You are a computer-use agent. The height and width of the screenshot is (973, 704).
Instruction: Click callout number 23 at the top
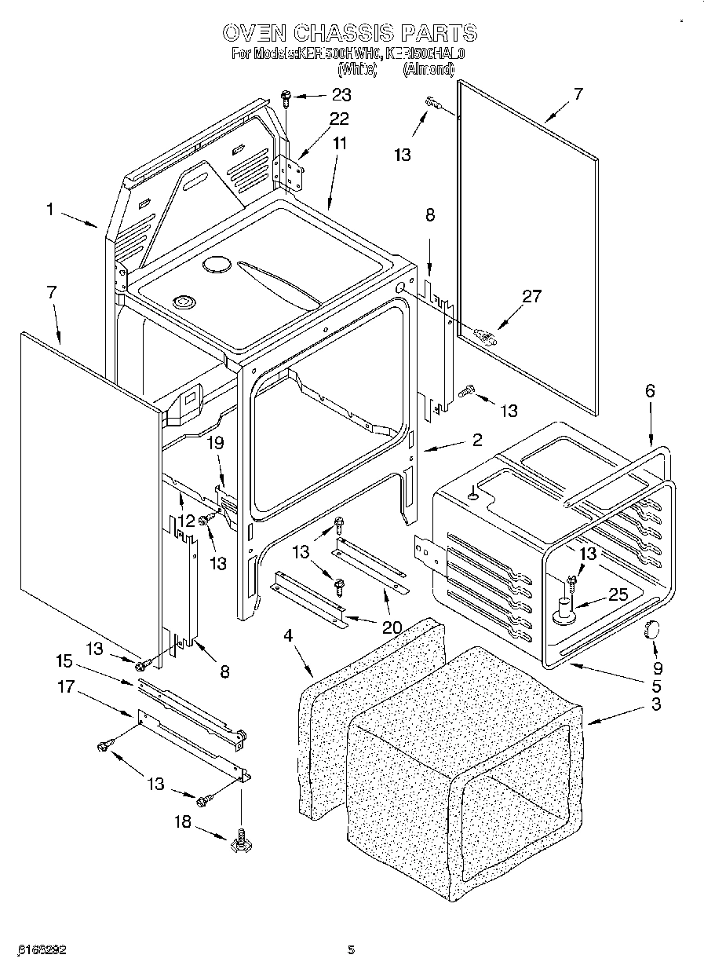pyautogui.click(x=341, y=94)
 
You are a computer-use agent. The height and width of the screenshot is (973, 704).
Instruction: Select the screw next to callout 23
pyautogui.click(x=286, y=97)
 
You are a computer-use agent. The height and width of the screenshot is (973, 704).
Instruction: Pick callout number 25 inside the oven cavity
pyautogui.click(x=618, y=594)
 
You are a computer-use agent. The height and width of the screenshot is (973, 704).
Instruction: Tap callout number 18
pyautogui.click(x=181, y=821)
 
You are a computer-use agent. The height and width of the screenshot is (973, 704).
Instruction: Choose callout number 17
pyautogui.click(x=65, y=687)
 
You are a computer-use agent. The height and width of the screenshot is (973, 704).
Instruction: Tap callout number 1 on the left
pyautogui.click(x=49, y=210)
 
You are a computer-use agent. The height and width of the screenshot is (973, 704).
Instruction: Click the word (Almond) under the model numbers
pyautogui.click(x=429, y=69)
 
